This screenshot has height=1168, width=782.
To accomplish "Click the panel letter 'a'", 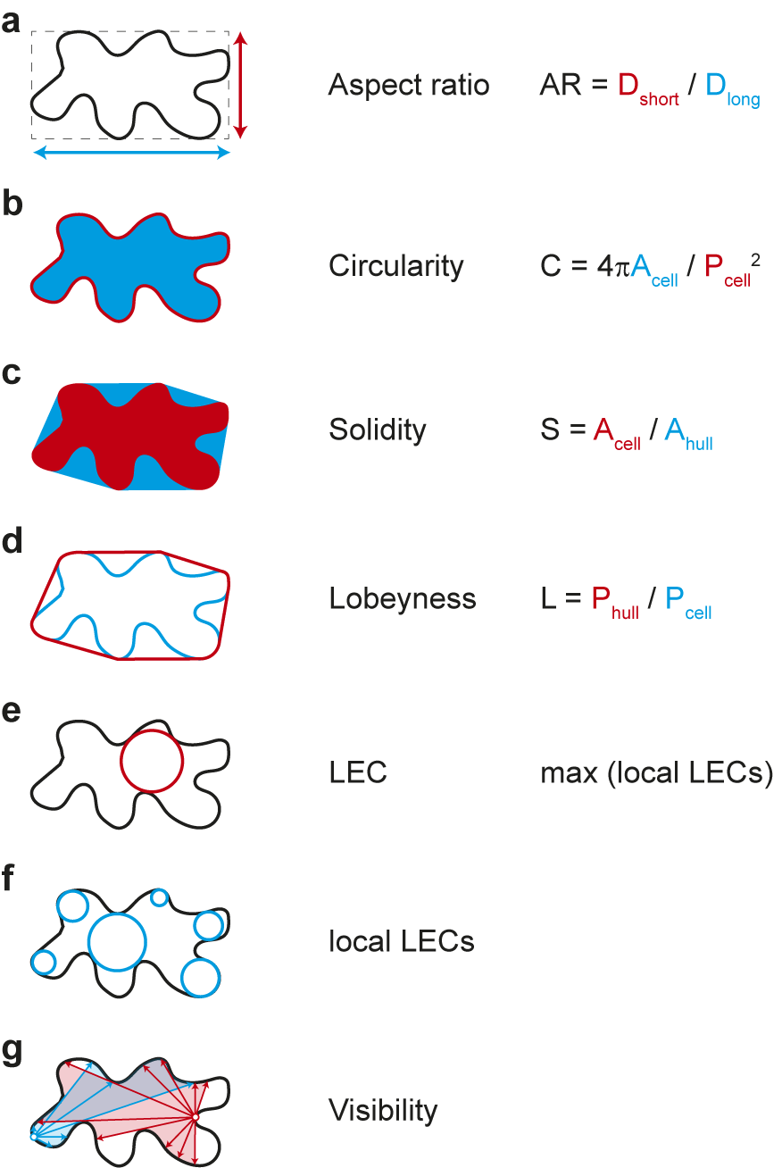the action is point(11,23).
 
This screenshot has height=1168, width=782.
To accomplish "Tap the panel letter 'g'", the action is point(12,1052).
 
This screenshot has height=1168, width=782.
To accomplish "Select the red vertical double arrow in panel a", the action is point(240,85).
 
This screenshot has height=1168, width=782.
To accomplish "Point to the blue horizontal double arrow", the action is point(131,153).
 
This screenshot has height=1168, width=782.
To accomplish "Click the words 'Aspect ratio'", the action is point(409,85).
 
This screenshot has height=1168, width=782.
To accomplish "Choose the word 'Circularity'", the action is point(395,266).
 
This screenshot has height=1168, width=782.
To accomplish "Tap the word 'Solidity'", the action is point(378,430).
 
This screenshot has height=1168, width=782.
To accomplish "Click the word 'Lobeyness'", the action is point(403,598).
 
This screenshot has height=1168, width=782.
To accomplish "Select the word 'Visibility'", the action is point(383,1110).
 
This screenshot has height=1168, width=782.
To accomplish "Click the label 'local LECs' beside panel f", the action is point(402,941).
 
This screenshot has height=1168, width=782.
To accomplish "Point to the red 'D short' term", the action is point(648,88).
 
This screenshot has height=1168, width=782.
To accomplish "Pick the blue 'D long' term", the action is point(733,89).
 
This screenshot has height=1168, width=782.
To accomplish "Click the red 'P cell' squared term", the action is point(732,270).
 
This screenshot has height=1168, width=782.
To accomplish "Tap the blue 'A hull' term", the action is point(688,434).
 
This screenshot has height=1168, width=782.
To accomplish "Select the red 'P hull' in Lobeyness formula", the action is point(615,602).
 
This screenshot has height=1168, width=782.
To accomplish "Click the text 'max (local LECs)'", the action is point(657,772).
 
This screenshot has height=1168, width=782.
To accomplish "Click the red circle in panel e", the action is point(152,762).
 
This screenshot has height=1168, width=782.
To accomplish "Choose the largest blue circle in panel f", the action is point(117,942).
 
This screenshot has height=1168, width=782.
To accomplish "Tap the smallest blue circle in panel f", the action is point(159,898).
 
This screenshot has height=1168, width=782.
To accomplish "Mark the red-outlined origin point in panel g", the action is point(195,1117).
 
